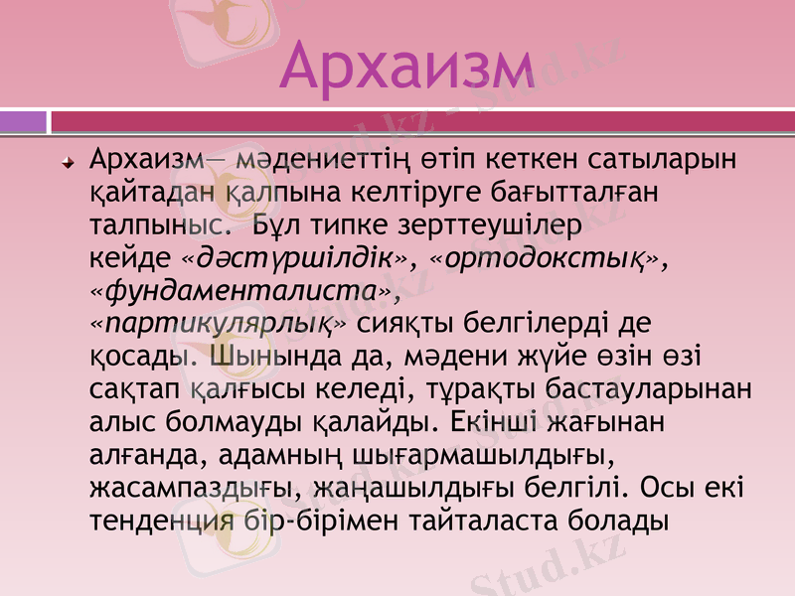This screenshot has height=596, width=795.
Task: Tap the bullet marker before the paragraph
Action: pyautogui.click(x=68, y=160)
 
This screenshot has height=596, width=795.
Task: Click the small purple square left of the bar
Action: pyautogui.click(x=23, y=121)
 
